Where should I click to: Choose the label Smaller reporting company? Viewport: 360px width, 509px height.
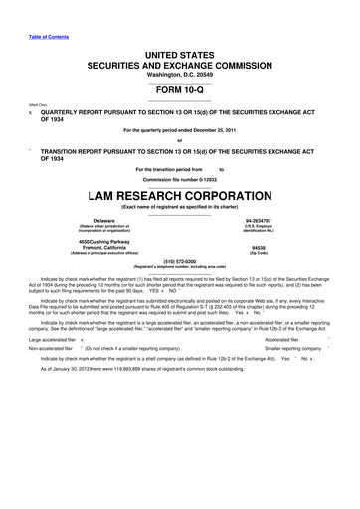click(x=296, y=405)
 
